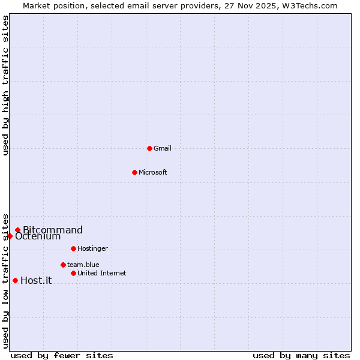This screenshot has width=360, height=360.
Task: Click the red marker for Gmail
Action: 149,148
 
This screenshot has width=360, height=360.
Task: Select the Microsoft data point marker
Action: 134,172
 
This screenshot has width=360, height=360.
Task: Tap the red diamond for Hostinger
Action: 73,248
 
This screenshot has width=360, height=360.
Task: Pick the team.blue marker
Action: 63,265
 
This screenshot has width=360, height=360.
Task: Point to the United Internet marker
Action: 73,273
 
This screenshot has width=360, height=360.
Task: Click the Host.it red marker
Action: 15,280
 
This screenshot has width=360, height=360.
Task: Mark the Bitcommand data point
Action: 17,230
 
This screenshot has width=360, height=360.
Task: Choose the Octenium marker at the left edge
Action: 10,236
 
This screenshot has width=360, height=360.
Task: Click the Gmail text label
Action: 163,148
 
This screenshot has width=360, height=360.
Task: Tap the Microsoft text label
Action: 153,172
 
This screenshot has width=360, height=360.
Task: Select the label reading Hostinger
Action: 92,248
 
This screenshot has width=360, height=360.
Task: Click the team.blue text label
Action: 83,265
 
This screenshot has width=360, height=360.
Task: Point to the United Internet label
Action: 102,273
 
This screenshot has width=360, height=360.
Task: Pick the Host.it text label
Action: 36,280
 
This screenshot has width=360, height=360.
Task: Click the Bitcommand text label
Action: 53,230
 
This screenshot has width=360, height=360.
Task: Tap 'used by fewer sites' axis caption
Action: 62,355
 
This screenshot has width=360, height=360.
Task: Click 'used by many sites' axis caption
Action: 301,355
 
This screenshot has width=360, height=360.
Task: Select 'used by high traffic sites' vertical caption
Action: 5,85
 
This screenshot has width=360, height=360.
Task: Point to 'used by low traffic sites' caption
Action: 5,280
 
